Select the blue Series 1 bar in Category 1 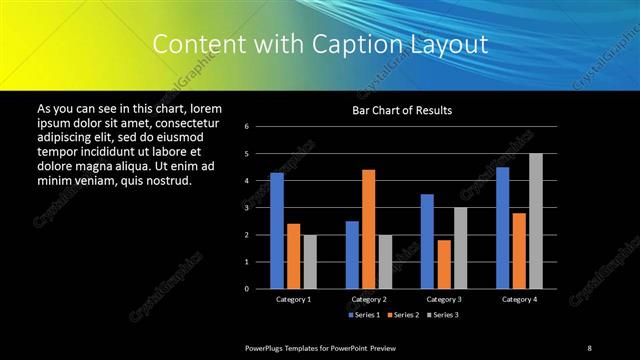click(x=277, y=230)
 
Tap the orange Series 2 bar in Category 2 click(x=368, y=228)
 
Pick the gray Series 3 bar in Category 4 click(x=535, y=220)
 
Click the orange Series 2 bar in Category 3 click(x=443, y=264)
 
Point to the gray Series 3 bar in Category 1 click(x=309, y=261)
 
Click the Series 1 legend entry click(x=365, y=315)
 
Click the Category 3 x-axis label click(x=443, y=299)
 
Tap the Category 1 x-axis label click(x=293, y=299)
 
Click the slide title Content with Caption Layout click(x=320, y=43)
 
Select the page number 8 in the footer click(x=589, y=347)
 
